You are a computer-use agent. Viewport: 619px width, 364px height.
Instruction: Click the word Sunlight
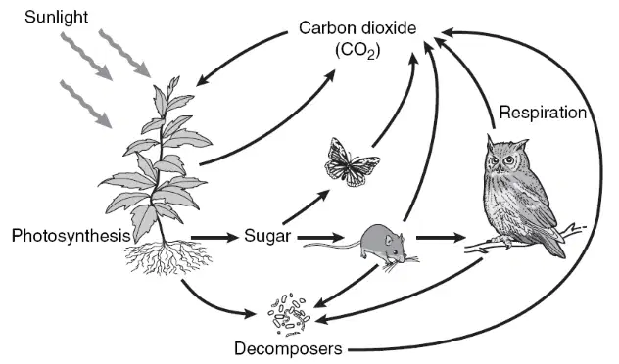56,18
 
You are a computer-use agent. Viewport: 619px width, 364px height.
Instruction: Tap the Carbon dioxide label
357,28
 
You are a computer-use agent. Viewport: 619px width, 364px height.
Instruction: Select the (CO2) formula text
357,51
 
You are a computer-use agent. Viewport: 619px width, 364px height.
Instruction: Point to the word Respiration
543,113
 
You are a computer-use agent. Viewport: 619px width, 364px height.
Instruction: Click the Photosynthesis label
71,236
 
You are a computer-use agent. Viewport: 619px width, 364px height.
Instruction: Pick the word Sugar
267,236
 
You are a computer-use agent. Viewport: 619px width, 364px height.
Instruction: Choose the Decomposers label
288,348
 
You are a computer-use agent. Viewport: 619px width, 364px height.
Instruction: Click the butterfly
351,162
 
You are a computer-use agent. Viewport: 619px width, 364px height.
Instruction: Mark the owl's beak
500,168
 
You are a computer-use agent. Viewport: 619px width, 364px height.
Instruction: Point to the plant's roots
167,257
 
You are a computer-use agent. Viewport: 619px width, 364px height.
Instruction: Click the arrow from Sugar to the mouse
321,237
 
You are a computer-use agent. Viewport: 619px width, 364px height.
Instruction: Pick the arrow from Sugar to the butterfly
307,206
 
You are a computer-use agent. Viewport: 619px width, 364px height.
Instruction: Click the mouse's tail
332,245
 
